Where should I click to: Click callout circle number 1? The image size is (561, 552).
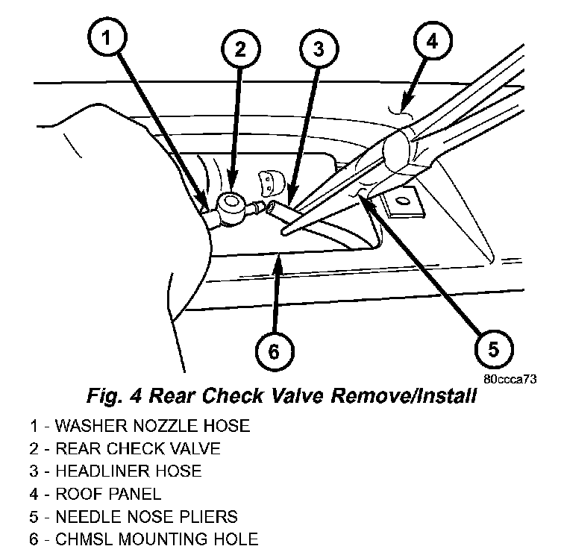107,38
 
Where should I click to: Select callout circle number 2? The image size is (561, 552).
239,49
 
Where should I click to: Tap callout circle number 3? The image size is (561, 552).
319,49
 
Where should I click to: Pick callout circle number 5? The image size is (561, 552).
493,348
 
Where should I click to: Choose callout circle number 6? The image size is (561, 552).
273,351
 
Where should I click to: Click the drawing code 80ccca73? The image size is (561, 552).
510,378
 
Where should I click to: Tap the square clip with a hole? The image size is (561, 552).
401,201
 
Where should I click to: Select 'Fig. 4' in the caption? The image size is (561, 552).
107,396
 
